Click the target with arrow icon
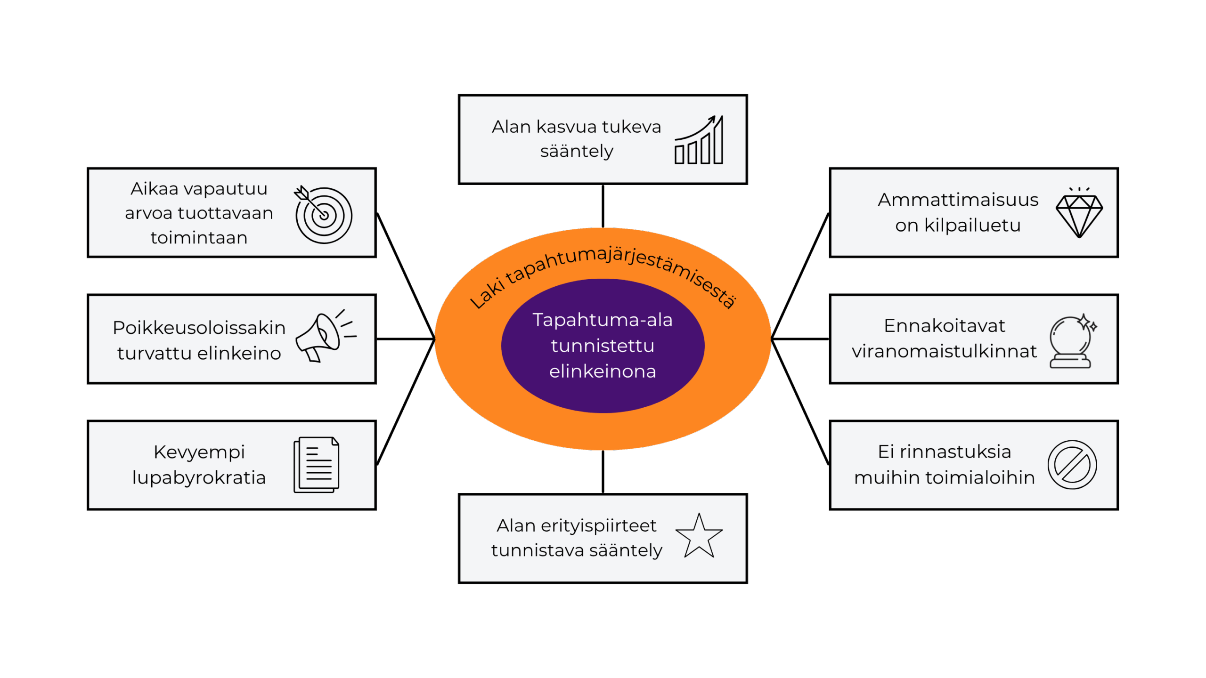323,215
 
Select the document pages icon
317,465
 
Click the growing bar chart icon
699,140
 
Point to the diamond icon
1079,214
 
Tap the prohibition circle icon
1072,465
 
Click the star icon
699,536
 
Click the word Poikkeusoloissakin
199,327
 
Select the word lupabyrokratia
199,477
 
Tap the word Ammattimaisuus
958,200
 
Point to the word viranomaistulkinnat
944,351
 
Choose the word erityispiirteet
598,525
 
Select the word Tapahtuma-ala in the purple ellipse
603,320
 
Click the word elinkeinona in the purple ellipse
603,371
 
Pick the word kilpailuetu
972,226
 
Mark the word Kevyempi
199,452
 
